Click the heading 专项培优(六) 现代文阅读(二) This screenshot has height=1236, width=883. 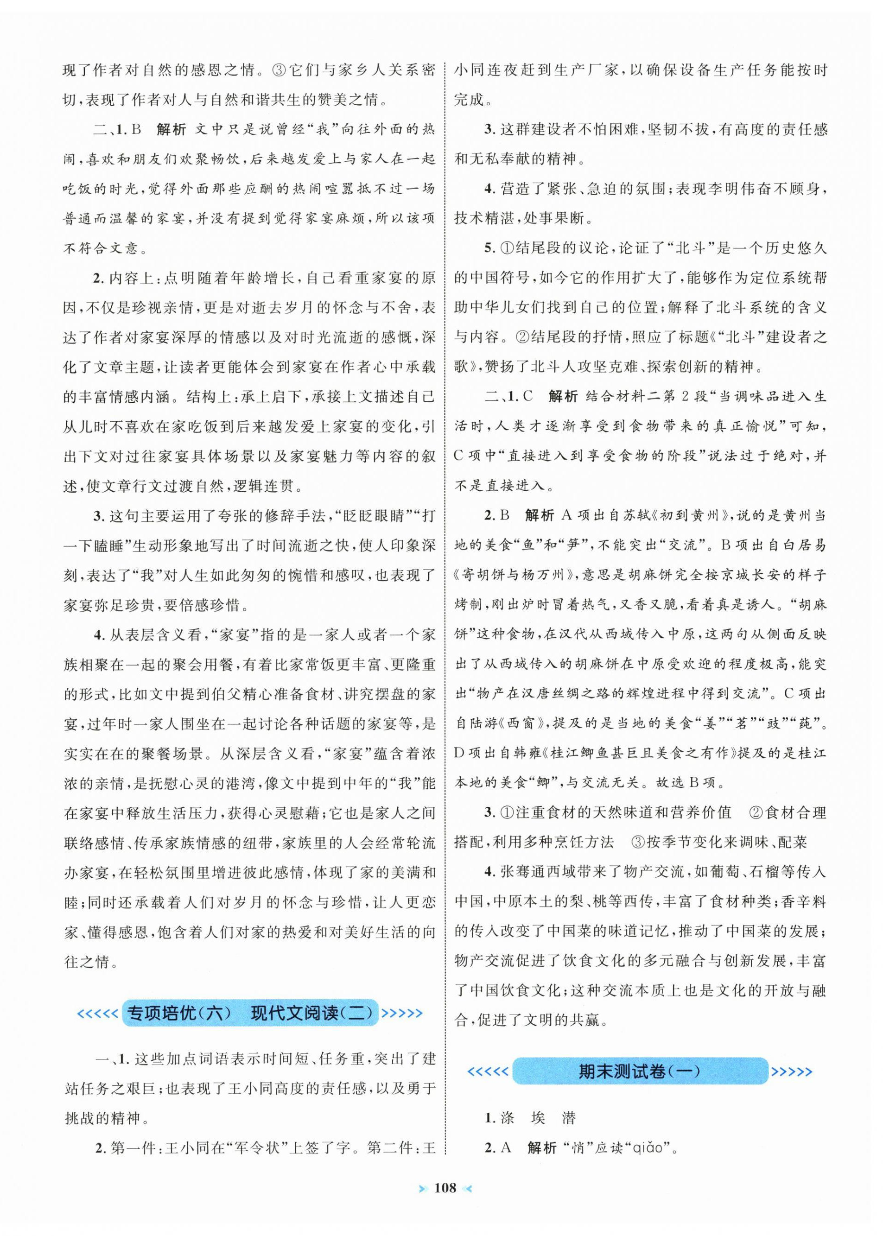(x=250, y=1013)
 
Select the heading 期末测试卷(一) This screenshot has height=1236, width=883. (x=639, y=1071)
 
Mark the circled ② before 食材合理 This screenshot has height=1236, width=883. (x=756, y=812)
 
